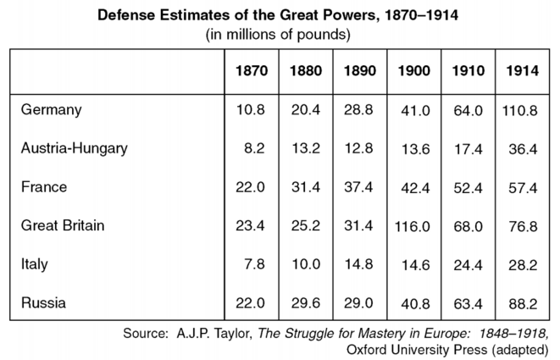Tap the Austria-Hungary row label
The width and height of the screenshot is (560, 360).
(x=75, y=148)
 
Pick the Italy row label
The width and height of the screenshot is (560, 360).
(x=35, y=264)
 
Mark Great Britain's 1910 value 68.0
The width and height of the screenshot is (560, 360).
(x=469, y=228)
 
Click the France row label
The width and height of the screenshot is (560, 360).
(x=43, y=187)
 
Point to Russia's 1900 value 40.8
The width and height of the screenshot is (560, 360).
(x=415, y=302)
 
